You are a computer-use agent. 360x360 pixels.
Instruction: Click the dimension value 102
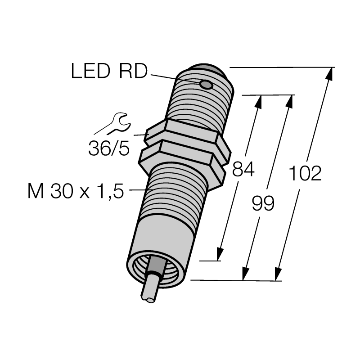coord(305,173)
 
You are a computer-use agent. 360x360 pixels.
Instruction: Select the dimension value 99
coord(263,203)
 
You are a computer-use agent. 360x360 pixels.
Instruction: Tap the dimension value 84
coord(243,169)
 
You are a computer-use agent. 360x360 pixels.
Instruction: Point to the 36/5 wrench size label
coord(109,148)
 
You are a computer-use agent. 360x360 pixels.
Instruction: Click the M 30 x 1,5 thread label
coord(76,191)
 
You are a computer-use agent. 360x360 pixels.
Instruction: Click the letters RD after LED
coord(133,71)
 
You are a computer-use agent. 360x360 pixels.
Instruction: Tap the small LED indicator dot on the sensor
coord(206,85)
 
